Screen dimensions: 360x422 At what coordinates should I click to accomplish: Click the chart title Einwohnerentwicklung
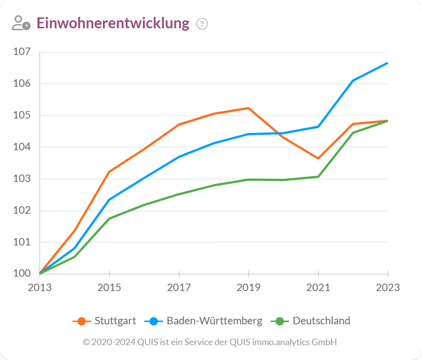[113, 23]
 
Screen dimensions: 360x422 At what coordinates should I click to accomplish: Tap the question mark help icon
[202, 24]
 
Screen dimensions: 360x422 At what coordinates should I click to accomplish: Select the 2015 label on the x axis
[109, 288]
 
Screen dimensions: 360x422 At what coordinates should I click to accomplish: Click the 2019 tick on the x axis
[249, 288]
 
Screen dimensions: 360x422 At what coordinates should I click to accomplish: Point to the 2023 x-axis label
[388, 288]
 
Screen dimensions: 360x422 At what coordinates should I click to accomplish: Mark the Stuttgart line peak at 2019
[249, 108]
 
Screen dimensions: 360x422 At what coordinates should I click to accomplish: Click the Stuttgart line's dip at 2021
[318, 158]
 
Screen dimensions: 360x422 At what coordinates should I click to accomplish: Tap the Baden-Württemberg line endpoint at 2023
[387, 63]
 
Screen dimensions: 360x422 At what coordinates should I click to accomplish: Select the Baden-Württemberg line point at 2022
[353, 80]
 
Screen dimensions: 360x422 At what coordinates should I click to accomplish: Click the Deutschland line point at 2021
[318, 177]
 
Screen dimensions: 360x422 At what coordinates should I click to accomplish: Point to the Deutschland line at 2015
[109, 218]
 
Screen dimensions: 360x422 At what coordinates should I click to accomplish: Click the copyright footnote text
[210, 342]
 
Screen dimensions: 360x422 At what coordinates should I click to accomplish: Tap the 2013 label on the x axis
[40, 288]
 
